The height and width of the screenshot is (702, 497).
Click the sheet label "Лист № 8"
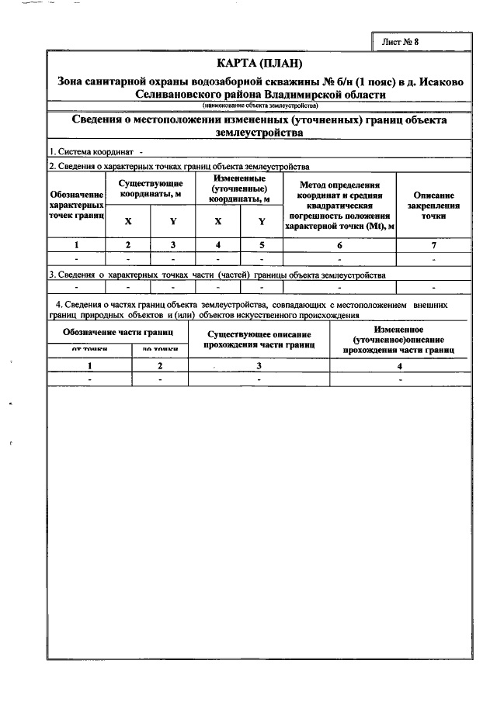401,41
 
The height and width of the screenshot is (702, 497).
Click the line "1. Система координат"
93,152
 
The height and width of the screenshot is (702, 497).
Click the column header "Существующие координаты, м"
151,188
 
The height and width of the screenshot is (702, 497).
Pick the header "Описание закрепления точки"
433,207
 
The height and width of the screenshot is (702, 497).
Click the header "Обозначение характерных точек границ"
76,207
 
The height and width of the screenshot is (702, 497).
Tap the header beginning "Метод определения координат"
339,206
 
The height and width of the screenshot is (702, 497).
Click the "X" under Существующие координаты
128,221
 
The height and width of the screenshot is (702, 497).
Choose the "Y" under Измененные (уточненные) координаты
262,221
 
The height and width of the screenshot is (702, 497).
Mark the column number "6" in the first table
339,244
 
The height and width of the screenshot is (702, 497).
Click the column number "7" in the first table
433,244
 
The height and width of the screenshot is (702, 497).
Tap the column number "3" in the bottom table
259,365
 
